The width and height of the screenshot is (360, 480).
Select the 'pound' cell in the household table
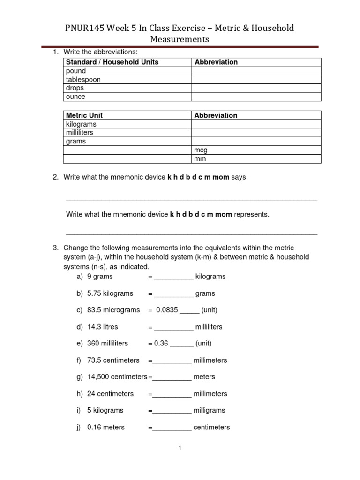76,71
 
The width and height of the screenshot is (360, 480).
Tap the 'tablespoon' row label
83,80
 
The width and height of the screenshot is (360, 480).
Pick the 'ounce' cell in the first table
76,97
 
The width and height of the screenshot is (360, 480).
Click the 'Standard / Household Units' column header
112,62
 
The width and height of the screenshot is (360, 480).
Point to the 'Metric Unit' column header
84,115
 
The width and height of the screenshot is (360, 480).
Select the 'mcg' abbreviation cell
201,150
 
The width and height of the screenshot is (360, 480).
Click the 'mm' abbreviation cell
200,159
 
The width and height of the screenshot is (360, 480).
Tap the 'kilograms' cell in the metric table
81,124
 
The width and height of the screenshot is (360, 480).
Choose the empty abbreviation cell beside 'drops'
256,88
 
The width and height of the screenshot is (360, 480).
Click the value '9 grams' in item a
100,277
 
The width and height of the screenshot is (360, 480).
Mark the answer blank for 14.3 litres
173,327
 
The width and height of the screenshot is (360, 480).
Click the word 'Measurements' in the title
180,40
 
